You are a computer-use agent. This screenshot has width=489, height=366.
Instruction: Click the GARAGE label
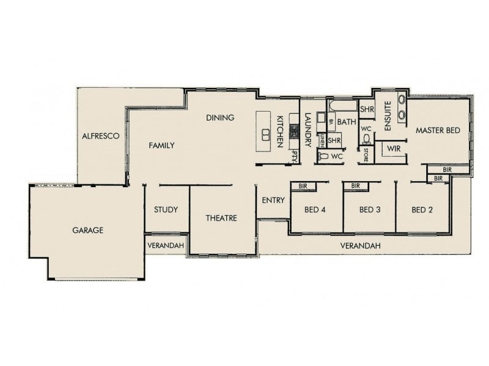[x=87, y=231]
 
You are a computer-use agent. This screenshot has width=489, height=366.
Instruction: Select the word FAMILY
[x=163, y=146]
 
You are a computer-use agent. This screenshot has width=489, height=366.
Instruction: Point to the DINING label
[x=220, y=118]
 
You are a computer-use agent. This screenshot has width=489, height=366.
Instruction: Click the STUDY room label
[x=166, y=210]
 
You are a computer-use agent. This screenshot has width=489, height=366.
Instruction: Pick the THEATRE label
[x=221, y=218]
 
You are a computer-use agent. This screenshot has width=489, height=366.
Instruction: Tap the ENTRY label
[x=272, y=200]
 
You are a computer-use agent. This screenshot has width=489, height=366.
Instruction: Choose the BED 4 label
[x=315, y=210]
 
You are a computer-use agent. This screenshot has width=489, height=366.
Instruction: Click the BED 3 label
[x=370, y=210]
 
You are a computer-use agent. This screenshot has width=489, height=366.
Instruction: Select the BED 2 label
[x=422, y=210]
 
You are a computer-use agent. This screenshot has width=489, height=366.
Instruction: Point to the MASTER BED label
[x=438, y=131]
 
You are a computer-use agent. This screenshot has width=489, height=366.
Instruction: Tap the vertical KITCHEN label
[x=281, y=131]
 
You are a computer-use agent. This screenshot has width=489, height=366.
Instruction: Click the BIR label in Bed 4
[x=302, y=185]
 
